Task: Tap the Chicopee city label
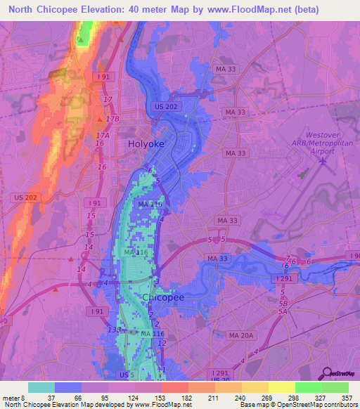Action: tap(163, 298)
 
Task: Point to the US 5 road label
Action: tap(126, 376)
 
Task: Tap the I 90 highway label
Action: tap(352, 256)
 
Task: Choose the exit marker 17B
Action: tap(112, 119)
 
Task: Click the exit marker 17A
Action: tap(103, 136)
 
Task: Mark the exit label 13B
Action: tap(114, 330)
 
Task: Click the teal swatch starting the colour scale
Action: tap(41, 387)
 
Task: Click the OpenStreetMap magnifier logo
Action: tap(328, 373)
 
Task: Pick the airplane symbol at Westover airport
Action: tap(323, 162)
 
